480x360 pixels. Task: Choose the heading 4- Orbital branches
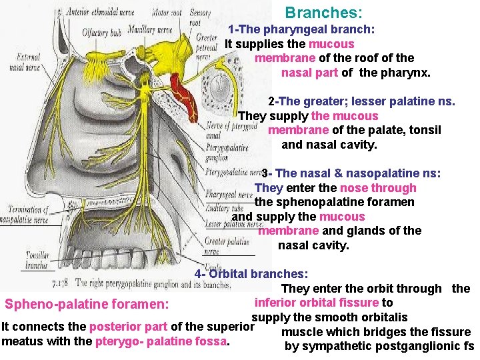(251, 273)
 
